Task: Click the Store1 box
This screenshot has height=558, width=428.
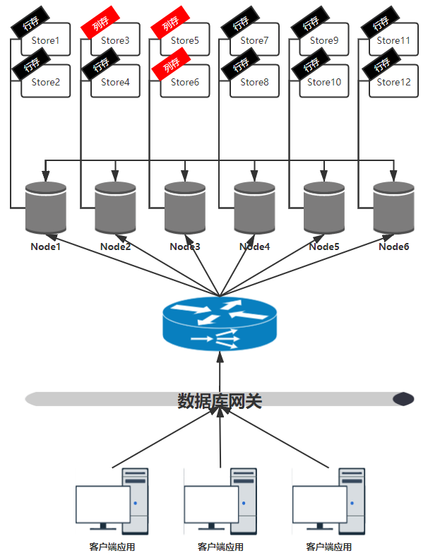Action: [x=46, y=42]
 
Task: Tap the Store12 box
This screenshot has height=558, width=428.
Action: [x=394, y=83]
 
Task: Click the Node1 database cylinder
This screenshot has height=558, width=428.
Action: [x=46, y=208]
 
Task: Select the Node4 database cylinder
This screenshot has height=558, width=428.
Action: [x=254, y=208]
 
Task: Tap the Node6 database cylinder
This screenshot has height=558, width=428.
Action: [x=394, y=208]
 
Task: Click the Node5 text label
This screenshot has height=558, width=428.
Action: [x=324, y=247]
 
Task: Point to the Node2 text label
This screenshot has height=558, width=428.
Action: [x=115, y=247]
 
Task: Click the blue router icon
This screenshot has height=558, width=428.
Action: [x=220, y=324]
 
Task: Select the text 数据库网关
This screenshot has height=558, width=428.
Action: [x=220, y=401]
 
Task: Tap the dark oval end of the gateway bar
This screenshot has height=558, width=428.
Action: [x=403, y=400]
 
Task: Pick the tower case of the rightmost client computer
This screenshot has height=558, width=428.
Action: [x=352, y=500]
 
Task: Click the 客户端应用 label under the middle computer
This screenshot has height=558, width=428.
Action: [x=220, y=547]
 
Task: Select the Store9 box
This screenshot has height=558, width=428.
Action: [x=324, y=42]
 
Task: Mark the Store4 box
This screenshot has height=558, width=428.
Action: [x=115, y=83]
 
